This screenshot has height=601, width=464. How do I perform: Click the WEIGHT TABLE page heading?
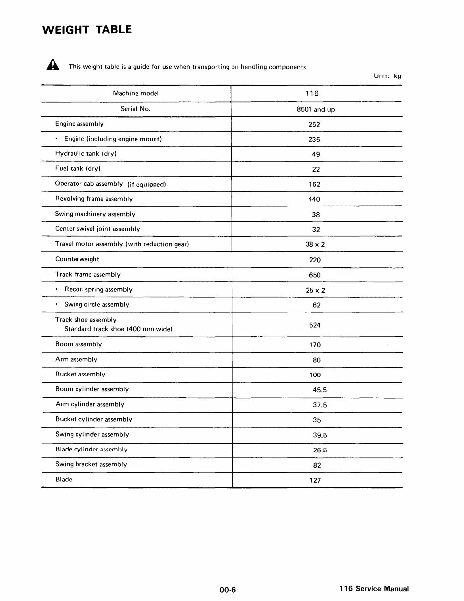(x=87, y=30)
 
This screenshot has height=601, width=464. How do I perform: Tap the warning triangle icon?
(x=52, y=66)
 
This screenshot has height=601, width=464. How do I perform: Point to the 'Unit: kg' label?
(x=387, y=76)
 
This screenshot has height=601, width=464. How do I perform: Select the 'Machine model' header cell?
(x=136, y=93)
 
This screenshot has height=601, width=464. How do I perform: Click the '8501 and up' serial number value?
(x=315, y=109)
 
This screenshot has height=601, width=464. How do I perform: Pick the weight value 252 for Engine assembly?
(x=314, y=125)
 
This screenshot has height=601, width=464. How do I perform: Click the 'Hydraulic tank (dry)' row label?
(x=85, y=154)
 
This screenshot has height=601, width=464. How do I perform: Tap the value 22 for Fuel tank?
(x=316, y=169)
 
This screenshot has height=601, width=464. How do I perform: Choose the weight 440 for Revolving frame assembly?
(x=314, y=199)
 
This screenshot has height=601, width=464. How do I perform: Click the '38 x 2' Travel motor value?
(x=315, y=244)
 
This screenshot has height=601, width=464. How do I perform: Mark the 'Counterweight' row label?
(x=77, y=259)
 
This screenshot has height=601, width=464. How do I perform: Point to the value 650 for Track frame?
(x=314, y=275)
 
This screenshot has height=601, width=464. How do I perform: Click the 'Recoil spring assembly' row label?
(x=98, y=290)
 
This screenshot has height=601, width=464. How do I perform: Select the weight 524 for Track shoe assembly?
(x=314, y=325)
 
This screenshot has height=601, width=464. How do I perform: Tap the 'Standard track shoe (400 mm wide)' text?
(x=118, y=329)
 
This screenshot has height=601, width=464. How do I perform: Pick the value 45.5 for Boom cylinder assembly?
(x=319, y=390)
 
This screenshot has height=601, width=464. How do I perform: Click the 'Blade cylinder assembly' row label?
(x=91, y=450)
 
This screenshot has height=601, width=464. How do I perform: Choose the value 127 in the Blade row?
(x=315, y=480)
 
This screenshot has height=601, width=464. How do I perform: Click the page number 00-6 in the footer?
(x=228, y=590)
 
